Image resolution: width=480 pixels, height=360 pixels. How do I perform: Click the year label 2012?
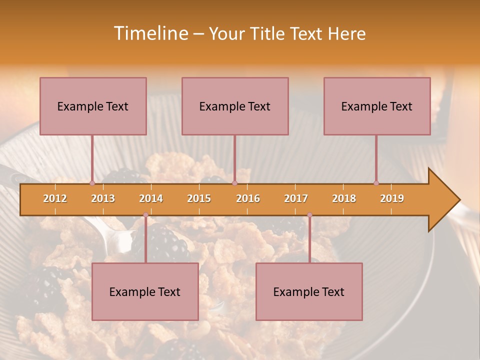(x=55, y=198)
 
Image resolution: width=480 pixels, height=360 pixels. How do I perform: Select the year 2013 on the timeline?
(x=103, y=198)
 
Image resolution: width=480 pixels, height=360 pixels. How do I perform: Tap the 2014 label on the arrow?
(x=151, y=198)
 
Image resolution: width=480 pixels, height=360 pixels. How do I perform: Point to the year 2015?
(x=199, y=198)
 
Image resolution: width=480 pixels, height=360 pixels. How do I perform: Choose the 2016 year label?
(x=248, y=198)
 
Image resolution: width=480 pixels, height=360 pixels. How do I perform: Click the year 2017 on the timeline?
(x=296, y=198)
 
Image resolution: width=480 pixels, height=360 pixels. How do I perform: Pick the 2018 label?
(x=344, y=198)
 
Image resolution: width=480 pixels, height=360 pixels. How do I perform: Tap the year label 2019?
(x=392, y=198)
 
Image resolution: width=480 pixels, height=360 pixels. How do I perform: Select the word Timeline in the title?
(x=150, y=33)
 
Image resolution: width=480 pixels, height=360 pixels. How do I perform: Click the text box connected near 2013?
(x=93, y=106)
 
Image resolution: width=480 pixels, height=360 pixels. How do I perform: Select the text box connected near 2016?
(x=235, y=106)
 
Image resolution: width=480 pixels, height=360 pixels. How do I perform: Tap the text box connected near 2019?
(x=377, y=106)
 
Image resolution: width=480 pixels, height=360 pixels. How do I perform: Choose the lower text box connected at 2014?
(x=145, y=291)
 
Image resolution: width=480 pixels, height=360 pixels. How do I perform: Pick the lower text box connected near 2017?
(x=309, y=291)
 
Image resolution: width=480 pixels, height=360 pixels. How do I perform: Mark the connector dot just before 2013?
(x=92, y=183)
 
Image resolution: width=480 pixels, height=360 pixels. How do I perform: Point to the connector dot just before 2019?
(x=376, y=183)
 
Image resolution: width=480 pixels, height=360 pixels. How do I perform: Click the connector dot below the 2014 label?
(x=145, y=215)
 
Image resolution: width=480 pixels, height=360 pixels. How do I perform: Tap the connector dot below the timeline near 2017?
(x=309, y=215)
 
